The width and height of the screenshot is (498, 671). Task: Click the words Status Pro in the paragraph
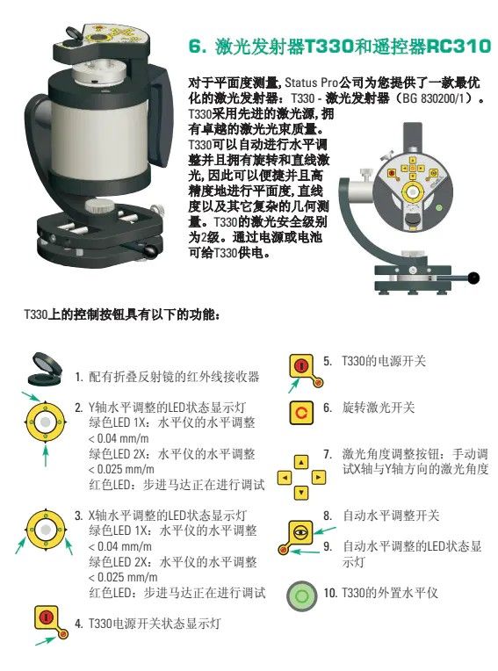click(312, 83)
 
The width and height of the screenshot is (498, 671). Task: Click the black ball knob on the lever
click(473, 278)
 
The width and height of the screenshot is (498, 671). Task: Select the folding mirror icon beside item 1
click(45, 369)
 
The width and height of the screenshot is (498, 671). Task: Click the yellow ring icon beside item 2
click(45, 422)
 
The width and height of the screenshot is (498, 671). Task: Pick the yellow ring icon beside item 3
click(45, 530)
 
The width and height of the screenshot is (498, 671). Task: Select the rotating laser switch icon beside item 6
click(301, 413)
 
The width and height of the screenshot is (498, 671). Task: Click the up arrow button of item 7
click(301, 462)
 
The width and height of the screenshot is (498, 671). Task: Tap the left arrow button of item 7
click(285, 477)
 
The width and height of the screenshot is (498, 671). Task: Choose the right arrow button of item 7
click(318, 477)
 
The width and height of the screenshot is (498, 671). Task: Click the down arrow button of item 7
click(301, 492)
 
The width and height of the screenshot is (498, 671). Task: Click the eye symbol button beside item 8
click(301, 532)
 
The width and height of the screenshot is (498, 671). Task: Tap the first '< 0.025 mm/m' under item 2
click(121, 470)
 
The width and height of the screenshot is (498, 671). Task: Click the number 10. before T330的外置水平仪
click(330, 593)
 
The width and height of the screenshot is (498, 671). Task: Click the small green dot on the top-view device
click(438, 208)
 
